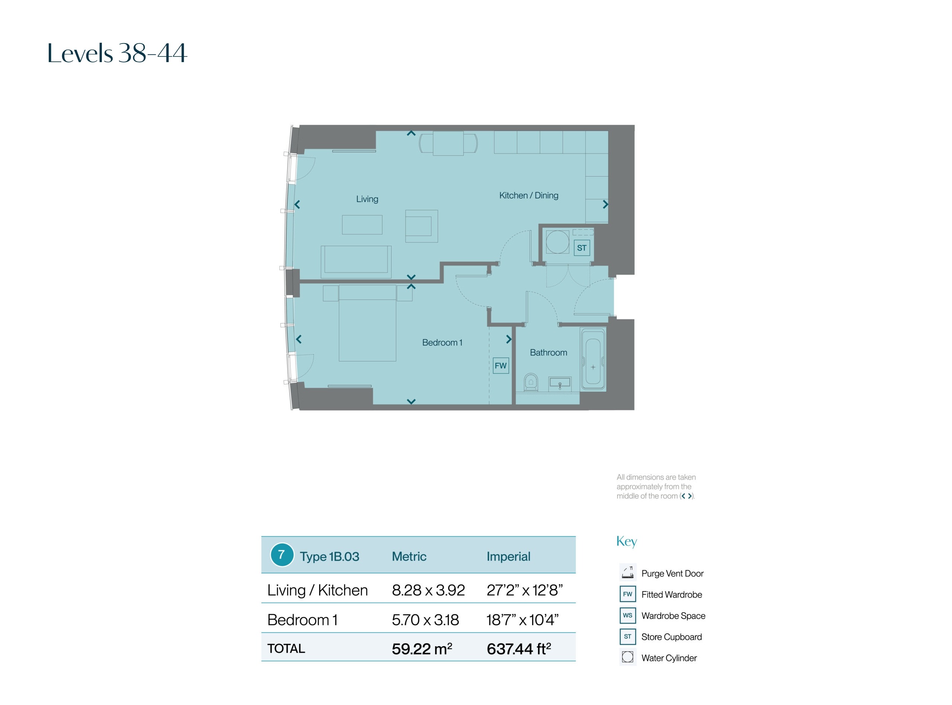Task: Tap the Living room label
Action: [x=367, y=199]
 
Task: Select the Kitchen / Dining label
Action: [x=529, y=196]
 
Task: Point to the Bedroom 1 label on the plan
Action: [x=442, y=342]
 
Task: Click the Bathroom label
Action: [x=548, y=352]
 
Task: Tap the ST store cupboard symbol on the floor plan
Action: [x=582, y=248]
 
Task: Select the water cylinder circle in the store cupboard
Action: [x=557, y=242]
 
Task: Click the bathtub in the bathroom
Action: [x=593, y=359]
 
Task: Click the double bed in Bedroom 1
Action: [x=367, y=323]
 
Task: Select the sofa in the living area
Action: [x=356, y=262]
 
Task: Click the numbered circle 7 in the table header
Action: [x=282, y=555]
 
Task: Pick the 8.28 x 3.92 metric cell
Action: [x=428, y=590]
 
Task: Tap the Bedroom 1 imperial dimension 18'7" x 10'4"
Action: [x=522, y=619]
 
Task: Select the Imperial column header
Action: [x=508, y=557]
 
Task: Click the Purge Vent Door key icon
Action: [x=627, y=573]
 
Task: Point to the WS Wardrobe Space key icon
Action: [x=627, y=615]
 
